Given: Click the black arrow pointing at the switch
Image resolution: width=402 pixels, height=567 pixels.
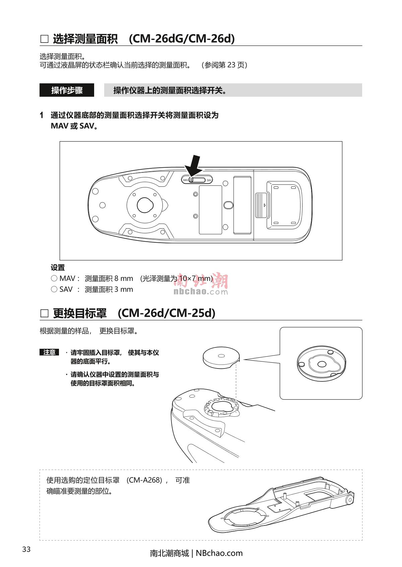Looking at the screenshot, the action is [x=194, y=166].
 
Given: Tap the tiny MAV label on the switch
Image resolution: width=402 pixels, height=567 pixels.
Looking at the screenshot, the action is [x=186, y=180].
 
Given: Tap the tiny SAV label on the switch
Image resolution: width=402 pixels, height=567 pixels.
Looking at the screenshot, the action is [x=209, y=180].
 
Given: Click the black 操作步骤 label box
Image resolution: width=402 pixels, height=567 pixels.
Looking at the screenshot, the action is [x=67, y=90].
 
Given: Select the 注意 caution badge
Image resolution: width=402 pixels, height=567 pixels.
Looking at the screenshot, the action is [x=49, y=352].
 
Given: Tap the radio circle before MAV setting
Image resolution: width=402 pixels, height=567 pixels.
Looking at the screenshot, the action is [x=54, y=278].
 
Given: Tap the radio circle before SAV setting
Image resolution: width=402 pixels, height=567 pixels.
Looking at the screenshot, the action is [x=54, y=289].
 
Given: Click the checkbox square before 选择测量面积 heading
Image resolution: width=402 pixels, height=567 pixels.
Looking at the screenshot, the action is [x=45, y=39].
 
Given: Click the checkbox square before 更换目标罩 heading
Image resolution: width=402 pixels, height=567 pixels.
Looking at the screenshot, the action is [x=45, y=313].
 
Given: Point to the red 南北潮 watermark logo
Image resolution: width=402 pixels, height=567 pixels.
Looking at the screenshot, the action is [x=201, y=281].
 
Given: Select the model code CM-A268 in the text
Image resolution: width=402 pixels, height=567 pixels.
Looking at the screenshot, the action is [x=144, y=480].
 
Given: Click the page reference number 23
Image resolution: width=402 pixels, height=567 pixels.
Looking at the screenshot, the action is [x=231, y=65].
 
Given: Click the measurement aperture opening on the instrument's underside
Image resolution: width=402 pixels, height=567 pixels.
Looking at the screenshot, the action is [x=145, y=205].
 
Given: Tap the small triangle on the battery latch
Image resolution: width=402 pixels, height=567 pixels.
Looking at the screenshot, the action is [x=265, y=205].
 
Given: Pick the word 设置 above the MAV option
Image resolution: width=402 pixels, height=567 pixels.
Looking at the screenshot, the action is [x=58, y=267].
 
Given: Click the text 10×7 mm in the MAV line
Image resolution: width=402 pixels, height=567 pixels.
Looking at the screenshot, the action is [x=195, y=278].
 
